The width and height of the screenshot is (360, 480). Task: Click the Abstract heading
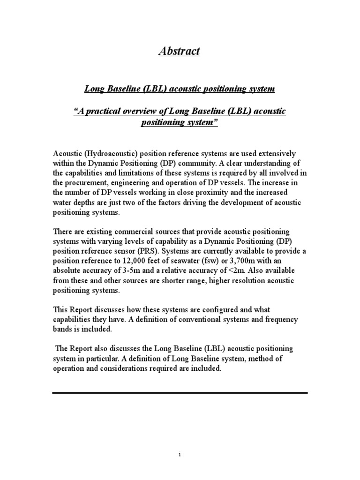(x=180, y=51)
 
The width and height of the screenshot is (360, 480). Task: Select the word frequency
(x=287, y=320)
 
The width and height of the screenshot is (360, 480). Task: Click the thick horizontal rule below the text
(x=180, y=392)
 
